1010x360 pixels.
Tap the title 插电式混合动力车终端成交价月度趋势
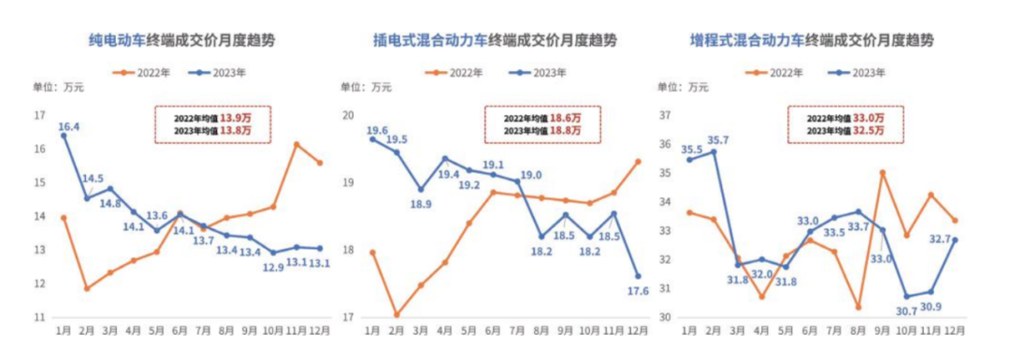point(495,40)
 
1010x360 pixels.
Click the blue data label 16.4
point(68,127)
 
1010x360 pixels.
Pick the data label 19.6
point(378,131)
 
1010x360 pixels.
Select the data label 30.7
point(904,310)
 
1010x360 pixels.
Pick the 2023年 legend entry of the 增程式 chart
point(868,72)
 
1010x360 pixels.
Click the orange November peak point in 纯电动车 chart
point(296,145)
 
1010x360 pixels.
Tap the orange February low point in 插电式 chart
point(397,315)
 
